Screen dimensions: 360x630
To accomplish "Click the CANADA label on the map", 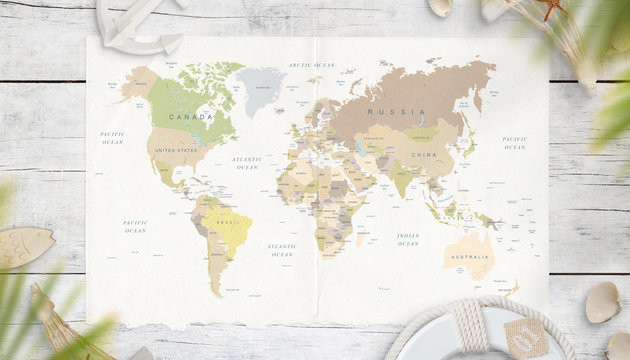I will click(190, 116).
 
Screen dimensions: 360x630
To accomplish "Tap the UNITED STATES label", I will click(176, 150).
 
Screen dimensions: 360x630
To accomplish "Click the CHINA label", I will click(424, 155).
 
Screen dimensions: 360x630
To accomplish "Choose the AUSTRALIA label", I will click(469, 257).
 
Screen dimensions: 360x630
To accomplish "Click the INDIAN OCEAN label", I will click(407, 240).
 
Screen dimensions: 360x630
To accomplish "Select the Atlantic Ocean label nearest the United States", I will click(247, 162).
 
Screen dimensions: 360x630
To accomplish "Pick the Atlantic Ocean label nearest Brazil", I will click(282, 250).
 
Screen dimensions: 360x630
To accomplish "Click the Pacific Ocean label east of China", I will click(514, 143).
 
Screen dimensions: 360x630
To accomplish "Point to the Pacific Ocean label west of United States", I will click(112, 137).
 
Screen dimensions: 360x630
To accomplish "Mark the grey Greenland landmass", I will click(260, 88).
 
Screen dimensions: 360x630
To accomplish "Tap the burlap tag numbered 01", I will click(526, 337).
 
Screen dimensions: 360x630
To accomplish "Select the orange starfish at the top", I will click(551, 7).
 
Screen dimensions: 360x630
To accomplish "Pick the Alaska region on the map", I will click(139, 82).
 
